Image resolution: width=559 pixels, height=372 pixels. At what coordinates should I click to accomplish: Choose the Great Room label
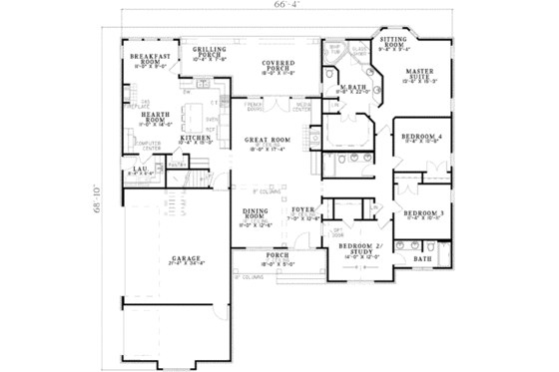coord(267,143)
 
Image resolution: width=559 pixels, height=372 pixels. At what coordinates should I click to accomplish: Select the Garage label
coord(176,258)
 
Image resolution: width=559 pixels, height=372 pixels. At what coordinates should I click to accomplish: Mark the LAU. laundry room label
coord(140,172)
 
